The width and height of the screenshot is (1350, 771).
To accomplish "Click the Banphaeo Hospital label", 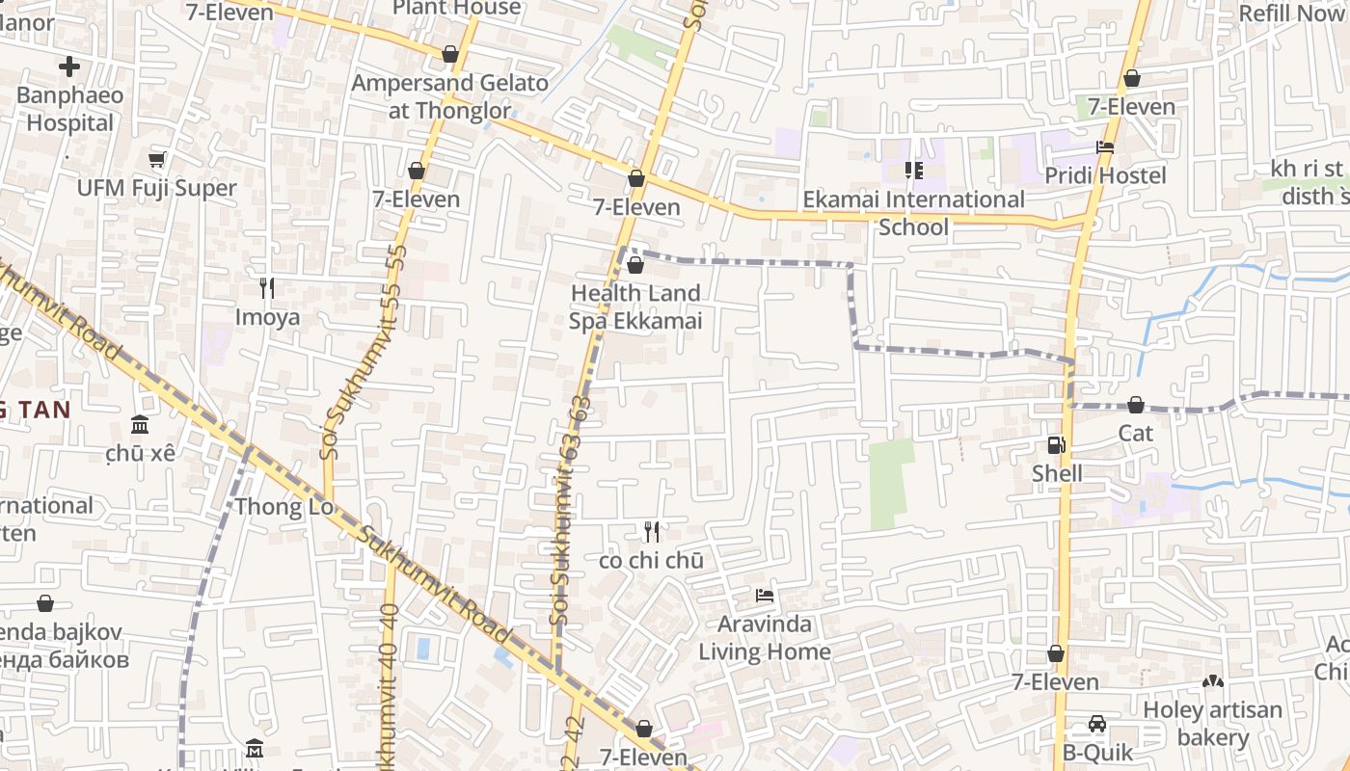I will (x=69, y=109).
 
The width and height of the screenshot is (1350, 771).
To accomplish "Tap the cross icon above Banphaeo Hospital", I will (x=69, y=66).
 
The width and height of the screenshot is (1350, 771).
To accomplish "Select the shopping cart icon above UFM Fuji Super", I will (x=157, y=159).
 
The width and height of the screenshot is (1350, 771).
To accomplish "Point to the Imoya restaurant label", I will (x=267, y=317).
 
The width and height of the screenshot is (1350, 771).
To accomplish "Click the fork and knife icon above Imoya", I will (x=267, y=287).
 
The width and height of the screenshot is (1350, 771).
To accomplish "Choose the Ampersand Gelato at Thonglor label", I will (x=449, y=96).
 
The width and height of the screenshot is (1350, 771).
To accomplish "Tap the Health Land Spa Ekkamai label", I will (x=635, y=306).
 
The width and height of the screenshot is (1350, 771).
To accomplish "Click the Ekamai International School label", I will (x=913, y=213).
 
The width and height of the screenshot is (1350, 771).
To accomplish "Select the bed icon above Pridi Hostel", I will (x=1105, y=147).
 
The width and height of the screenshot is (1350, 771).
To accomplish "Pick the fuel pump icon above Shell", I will (x=1057, y=445).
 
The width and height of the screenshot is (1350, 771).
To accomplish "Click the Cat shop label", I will (x=1135, y=433).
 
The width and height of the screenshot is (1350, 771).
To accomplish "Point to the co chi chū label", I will (x=651, y=561).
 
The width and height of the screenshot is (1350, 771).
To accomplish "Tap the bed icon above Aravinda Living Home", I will (x=765, y=596).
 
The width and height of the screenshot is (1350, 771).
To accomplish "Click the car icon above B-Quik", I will (x=1097, y=724).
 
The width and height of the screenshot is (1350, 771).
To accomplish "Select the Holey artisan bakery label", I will (x=1212, y=724).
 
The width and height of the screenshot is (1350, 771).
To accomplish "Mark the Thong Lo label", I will (x=283, y=506).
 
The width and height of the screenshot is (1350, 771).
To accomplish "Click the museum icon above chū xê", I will (x=140, y=425).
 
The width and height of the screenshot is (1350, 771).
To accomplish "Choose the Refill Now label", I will (x=1291, y=13).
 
